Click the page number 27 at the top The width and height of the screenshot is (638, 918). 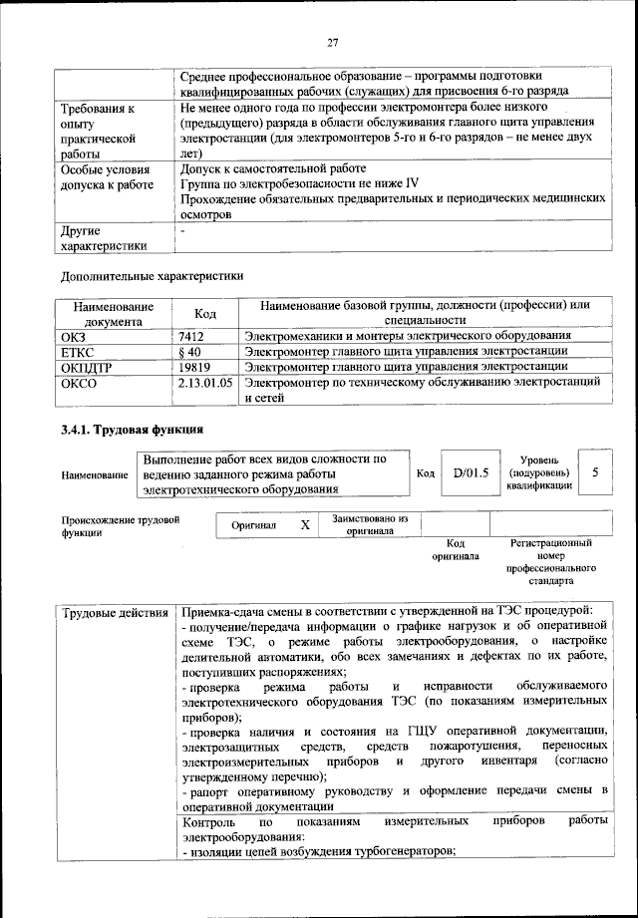(333, 42)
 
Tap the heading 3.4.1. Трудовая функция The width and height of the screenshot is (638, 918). (133, 430)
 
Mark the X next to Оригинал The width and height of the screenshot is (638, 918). (305, 524)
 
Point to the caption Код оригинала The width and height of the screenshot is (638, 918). (456, 549)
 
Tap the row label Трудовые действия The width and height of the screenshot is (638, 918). (114, 610)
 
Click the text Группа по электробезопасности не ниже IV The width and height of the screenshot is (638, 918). (300, 183)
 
